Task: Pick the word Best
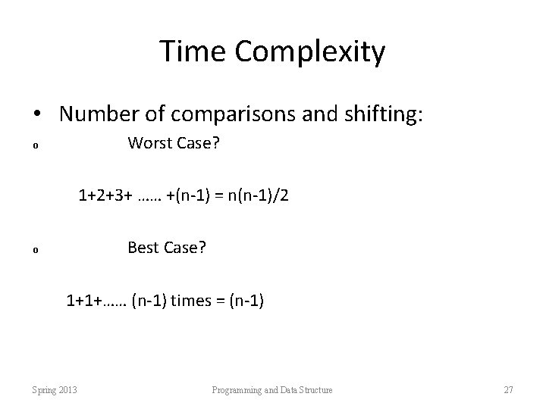click(x=144, y=247)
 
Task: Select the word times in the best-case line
click(x=191, y=301)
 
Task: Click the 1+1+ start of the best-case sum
click(x=83, y=301)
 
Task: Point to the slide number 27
click(x=508, y=390)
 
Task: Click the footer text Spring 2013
click(x=55, y=390)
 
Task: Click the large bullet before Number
click(x=37, y=115)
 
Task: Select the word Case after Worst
click(x=199, y=142)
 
